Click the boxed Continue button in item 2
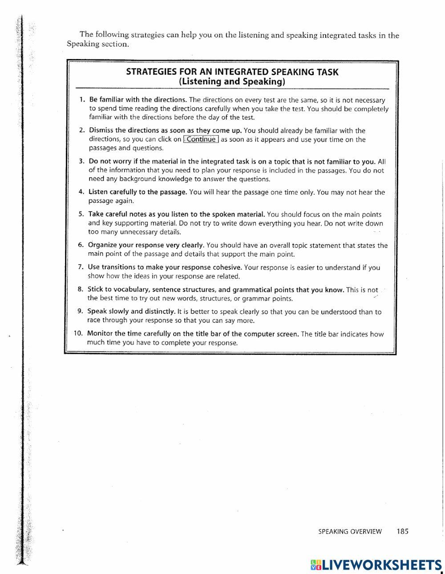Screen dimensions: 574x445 coord(201,139)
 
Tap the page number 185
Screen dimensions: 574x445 coord(402,531)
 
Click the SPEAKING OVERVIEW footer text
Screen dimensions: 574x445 coord(350,531)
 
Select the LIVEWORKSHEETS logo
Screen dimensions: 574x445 coord(376,565)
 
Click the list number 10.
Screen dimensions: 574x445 coord(79,333)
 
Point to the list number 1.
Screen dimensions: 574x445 coord(82,100)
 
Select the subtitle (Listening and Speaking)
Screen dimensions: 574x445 coord(232,82)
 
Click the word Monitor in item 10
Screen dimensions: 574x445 coord(100,333)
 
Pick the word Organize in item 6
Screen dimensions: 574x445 coord(102,245)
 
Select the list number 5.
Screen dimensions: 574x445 coord(81,214)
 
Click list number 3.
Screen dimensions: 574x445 coord(81,161)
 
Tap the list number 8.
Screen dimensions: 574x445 coord(81,289)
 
